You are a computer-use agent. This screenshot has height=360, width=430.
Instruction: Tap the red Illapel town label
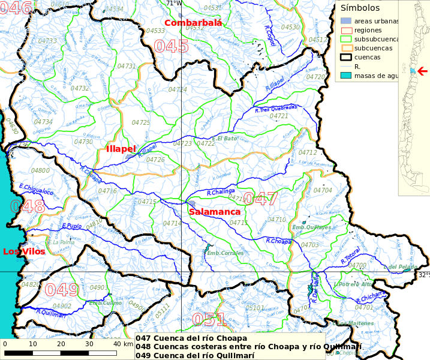point(121,148)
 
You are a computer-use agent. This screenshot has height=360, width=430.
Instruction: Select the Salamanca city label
point(214,212)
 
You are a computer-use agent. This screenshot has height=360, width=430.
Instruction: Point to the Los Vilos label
point(24,251)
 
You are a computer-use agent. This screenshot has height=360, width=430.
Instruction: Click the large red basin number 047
point(260,199)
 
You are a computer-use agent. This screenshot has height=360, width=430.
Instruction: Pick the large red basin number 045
point(171,46)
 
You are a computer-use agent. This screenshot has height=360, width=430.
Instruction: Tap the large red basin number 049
point(62,290)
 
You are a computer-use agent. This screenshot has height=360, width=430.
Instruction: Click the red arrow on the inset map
point(422,71)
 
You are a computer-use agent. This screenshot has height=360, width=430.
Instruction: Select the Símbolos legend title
point(360,8)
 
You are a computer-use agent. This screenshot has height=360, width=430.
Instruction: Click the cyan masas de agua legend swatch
point(344,76)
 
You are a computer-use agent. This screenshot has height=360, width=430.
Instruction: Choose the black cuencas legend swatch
point(344,57)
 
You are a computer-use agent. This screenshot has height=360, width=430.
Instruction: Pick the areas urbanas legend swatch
point(344,21)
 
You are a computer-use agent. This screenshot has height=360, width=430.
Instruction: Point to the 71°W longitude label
point(174,4)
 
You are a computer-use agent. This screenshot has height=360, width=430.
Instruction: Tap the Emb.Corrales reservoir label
point(225,253)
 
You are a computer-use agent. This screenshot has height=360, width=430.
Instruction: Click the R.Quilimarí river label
point(50,312)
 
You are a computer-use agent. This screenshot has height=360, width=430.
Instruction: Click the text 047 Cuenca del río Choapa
point(191,338)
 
